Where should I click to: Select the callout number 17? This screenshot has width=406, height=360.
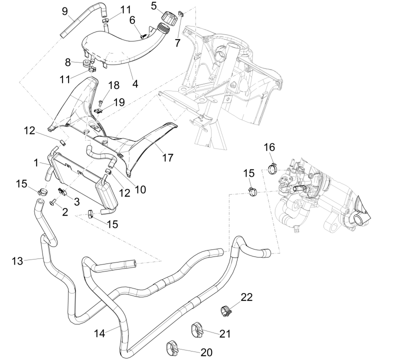tap(167, 157)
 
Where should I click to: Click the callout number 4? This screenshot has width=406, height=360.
tap(135, 83)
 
